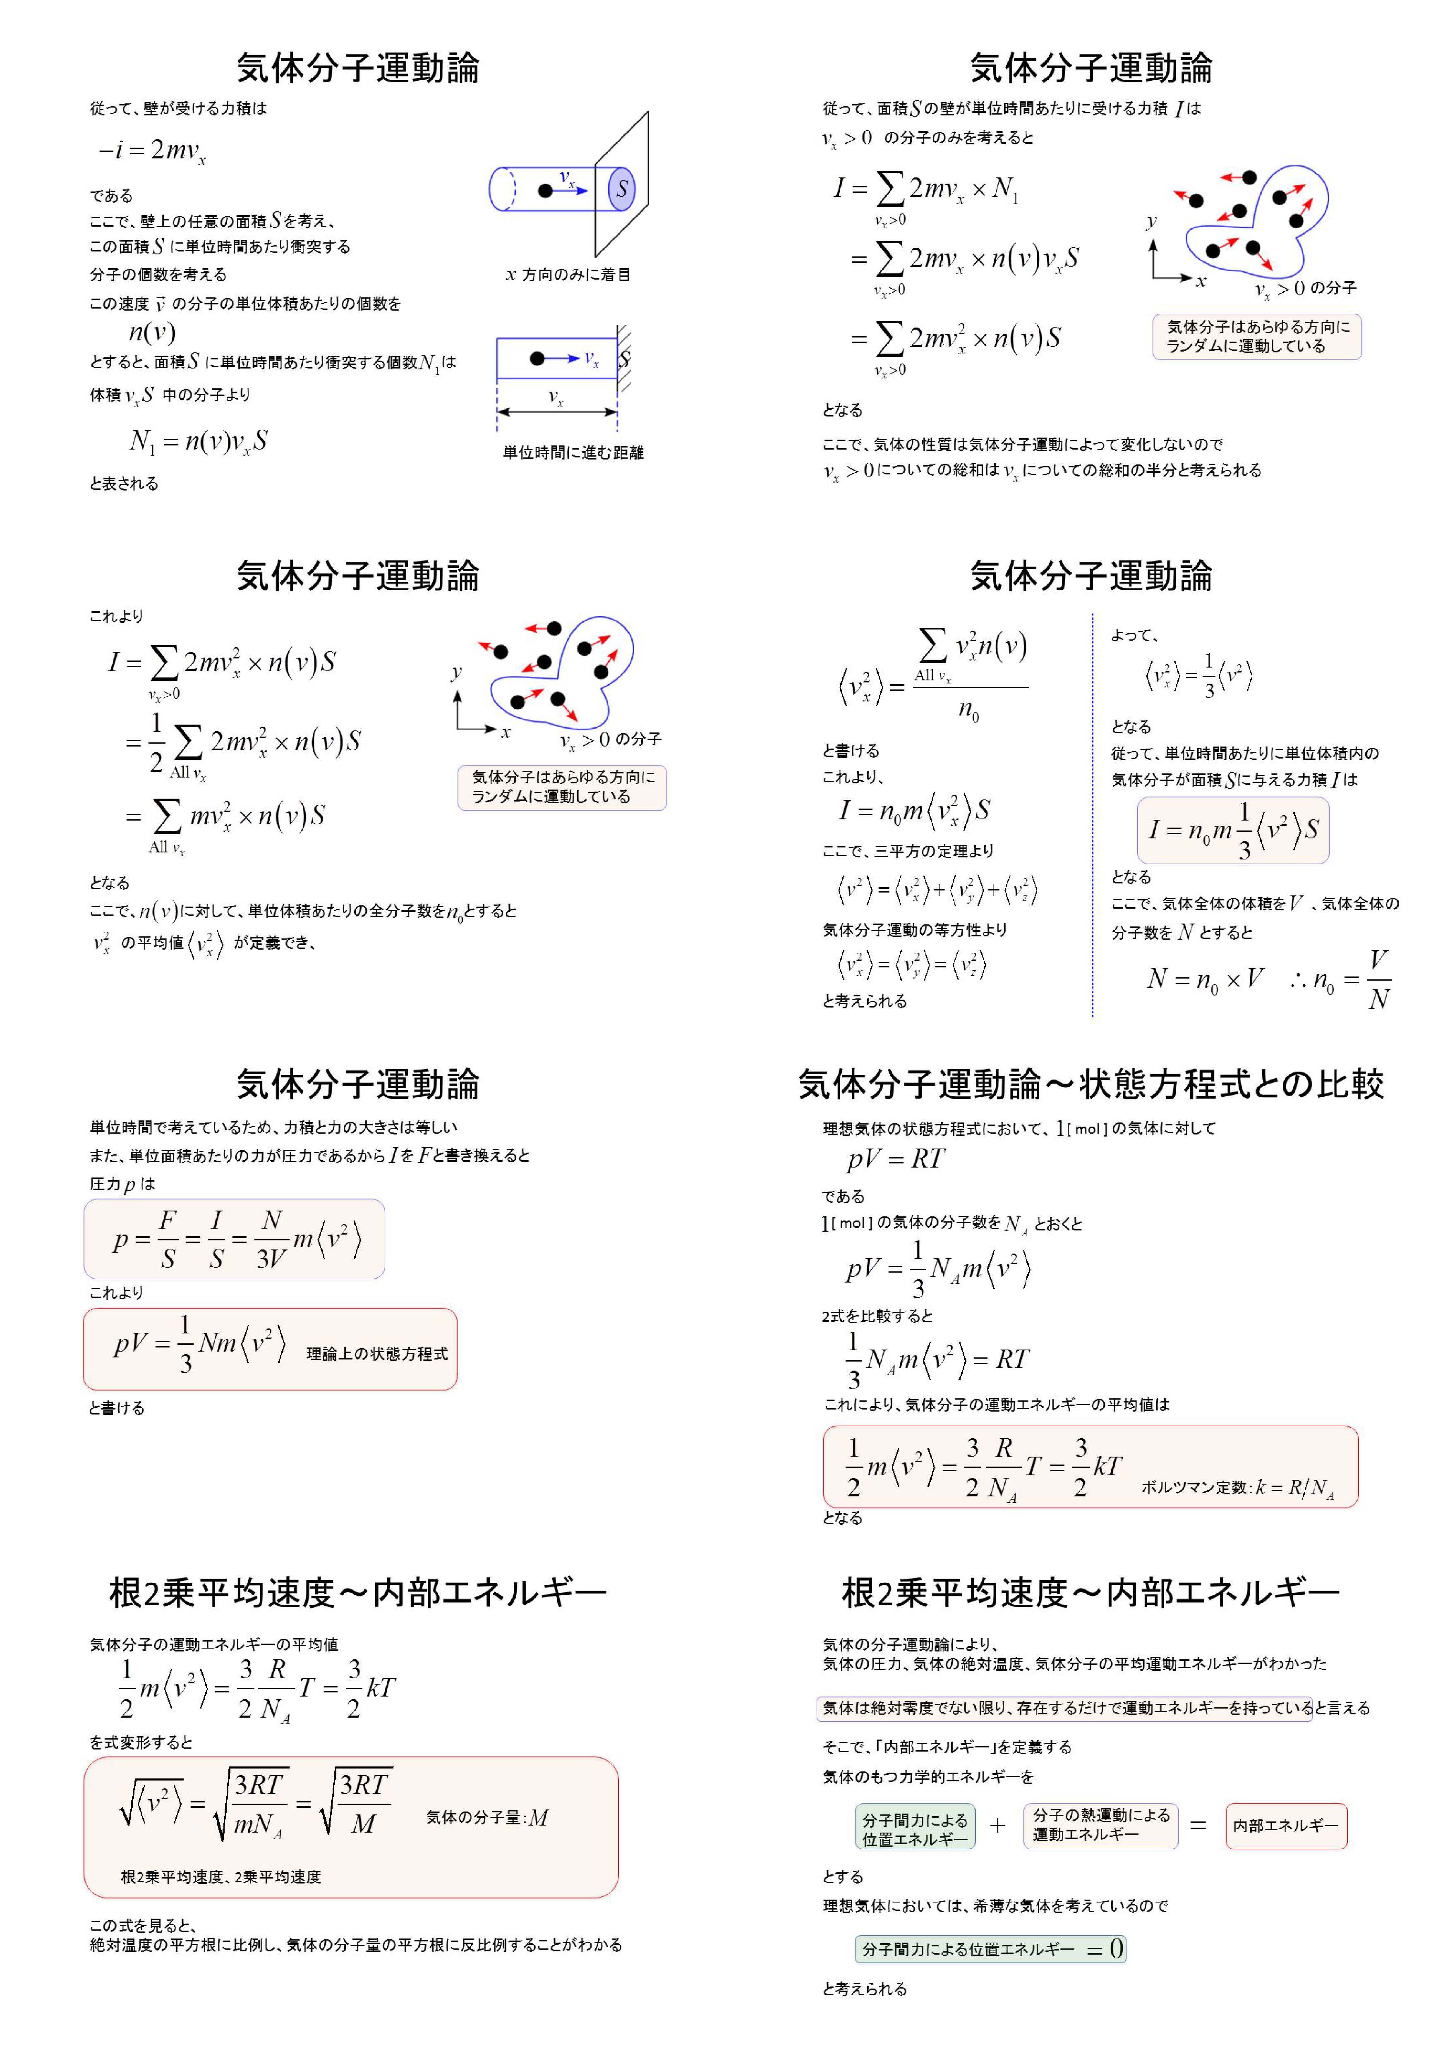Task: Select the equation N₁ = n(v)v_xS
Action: [198, 441]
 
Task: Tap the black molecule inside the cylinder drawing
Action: [545, 190]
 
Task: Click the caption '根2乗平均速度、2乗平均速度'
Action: [220, 1877]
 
